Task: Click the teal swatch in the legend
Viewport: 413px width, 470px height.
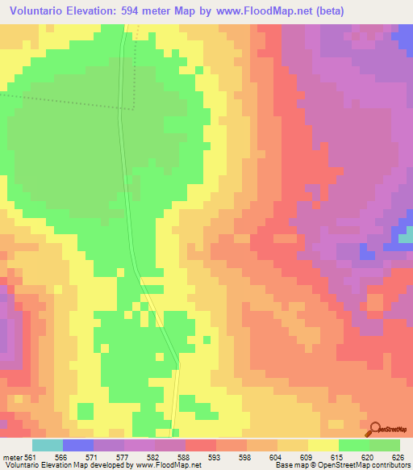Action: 48,445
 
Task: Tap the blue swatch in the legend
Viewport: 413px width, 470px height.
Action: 78,445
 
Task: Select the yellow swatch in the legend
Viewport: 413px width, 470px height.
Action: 323,445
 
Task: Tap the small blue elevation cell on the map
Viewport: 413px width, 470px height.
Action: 404,235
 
